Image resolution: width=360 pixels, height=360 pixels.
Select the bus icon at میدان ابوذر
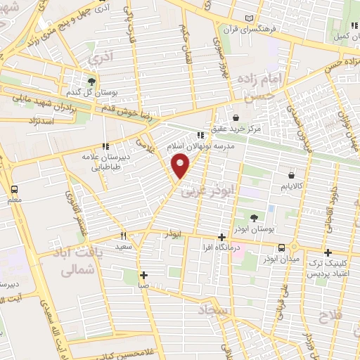[282, 247]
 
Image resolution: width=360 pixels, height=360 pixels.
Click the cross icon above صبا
[143, 275]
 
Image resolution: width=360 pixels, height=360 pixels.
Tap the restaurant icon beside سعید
[123, 236]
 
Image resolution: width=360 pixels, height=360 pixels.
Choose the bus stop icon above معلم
[13, 190]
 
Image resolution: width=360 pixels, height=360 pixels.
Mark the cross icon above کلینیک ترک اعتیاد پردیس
[328, 252]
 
